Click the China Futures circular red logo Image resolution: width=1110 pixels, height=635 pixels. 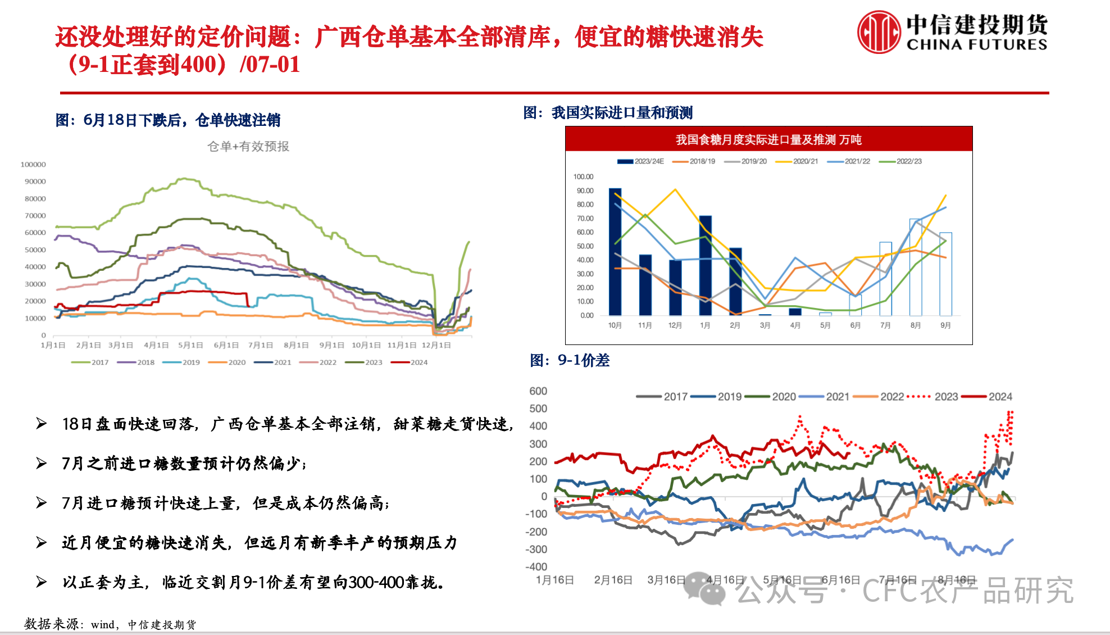point(879,33)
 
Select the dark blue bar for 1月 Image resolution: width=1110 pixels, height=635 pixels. point(705,265)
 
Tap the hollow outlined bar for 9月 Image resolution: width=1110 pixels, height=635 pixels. point(945,274)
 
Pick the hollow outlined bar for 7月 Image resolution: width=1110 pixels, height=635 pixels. point(885,279)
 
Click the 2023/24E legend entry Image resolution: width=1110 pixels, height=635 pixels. point(641,161)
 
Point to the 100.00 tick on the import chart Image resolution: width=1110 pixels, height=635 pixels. point(583,176)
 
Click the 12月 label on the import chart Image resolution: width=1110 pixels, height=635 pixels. point(675,325)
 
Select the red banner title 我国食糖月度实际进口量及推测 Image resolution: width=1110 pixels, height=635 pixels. point(768,139)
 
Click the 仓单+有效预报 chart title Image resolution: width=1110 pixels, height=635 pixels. point(248,147)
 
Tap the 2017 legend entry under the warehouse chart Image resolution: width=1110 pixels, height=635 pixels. point(91,362)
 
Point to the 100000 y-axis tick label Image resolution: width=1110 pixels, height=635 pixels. point(33,165)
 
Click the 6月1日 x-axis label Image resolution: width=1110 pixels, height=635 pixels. point(226,345)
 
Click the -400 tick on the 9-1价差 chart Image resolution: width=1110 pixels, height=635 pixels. point(536,567)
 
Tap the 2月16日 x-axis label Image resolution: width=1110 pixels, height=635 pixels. point(613,580)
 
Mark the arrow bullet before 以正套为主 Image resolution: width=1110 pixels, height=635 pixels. point(41,582)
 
